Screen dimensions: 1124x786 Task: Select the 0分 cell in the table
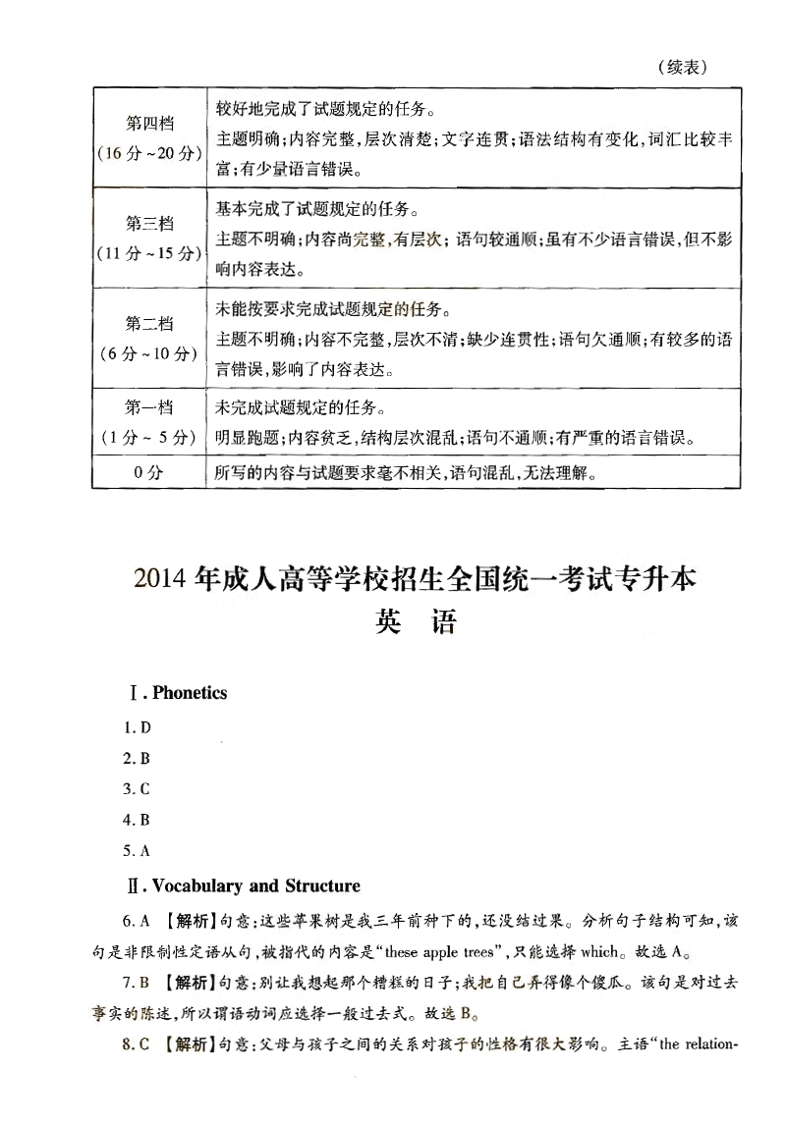coord(147,473)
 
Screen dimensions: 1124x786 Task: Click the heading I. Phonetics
coord(178,693)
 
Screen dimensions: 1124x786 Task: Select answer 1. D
coord(137,728)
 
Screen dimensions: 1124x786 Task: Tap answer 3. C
coord(137,789)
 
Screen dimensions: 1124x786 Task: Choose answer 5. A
coord(137,851)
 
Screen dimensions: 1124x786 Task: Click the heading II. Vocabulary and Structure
coord(245,886)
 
